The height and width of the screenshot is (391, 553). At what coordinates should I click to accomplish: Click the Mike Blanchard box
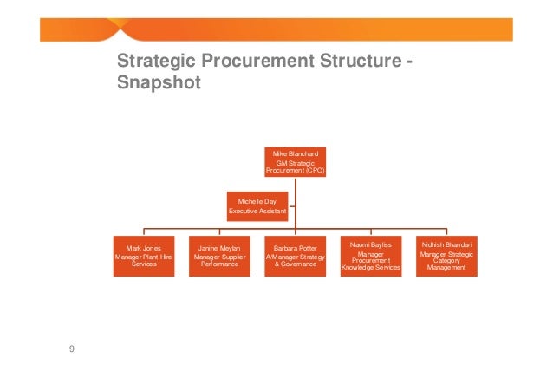[x=295, y=162]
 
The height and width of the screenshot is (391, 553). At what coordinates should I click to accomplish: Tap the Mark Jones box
[x=146, y=255]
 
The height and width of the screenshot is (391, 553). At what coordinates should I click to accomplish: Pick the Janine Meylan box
[x=219, y=255]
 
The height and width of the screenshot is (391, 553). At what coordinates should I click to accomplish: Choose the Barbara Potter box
[x=295, y=255]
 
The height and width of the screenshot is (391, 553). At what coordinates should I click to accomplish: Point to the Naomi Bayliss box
[x=370, y=255]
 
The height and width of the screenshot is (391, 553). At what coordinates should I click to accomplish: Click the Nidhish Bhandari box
[x=446, y=255]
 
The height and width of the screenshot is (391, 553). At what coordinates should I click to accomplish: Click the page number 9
[x=72, y=349]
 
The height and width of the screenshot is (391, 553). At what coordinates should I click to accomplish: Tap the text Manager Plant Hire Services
[x=146, y=260]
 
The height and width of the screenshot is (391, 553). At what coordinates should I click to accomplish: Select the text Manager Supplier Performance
[x=219, y=260]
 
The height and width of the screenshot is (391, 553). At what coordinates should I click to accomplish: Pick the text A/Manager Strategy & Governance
[x=295, y=260]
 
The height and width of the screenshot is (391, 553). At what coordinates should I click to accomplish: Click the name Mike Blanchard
[x=295, y=153]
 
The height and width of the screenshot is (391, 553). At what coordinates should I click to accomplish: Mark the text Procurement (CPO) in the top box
[x=295, y=171]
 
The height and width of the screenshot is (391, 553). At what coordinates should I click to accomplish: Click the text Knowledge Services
[x=370, y=268]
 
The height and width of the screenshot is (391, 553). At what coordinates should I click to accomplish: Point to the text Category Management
[x=446, y=264]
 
